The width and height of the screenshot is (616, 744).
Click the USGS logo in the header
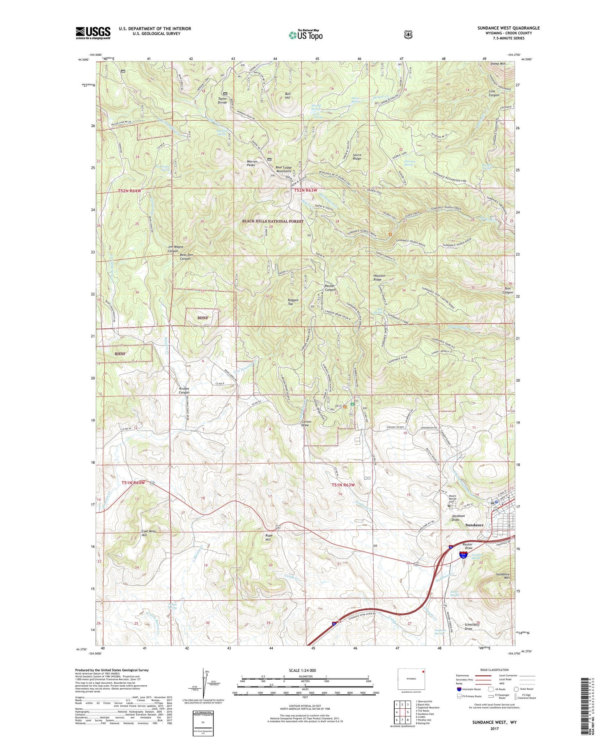[x=93, y=33]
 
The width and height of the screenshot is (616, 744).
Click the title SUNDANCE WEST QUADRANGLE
[x=508, y=28]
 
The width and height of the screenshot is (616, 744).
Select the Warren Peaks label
[x=252, y=163]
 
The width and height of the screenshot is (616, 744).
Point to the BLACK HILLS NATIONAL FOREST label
[x=273, y=221]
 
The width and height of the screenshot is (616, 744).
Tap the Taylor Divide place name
[x=222, y=101]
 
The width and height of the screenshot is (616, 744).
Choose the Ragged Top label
[x=293, y=302]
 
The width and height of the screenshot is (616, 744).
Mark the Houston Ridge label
[x=379, y=277]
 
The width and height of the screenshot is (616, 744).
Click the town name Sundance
[x=474, y=525]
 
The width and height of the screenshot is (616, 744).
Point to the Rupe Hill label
[x=268, y=538]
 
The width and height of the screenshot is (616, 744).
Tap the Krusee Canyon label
[x=184, y=390]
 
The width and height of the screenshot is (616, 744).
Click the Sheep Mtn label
[x=498, y=64]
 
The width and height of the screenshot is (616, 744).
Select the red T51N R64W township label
[x=133, y=483]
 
